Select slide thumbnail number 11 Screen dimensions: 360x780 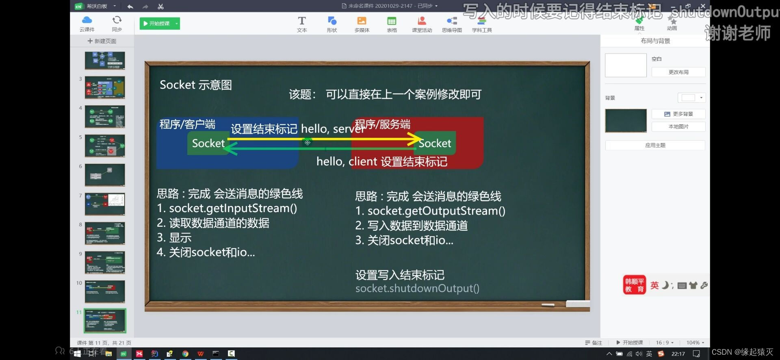(105, 321)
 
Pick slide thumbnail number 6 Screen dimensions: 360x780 (105, 175)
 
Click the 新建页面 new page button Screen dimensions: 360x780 (102, 41)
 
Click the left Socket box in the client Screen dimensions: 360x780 (208, 143)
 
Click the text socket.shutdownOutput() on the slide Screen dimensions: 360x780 (417, 288)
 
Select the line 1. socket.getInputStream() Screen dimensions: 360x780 (227, 208)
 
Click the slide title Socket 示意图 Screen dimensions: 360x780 (195, 85)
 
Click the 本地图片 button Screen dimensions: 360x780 (678, 126)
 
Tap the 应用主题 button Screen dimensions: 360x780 (655, 145)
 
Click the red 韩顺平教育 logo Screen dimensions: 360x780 (634, 285)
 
